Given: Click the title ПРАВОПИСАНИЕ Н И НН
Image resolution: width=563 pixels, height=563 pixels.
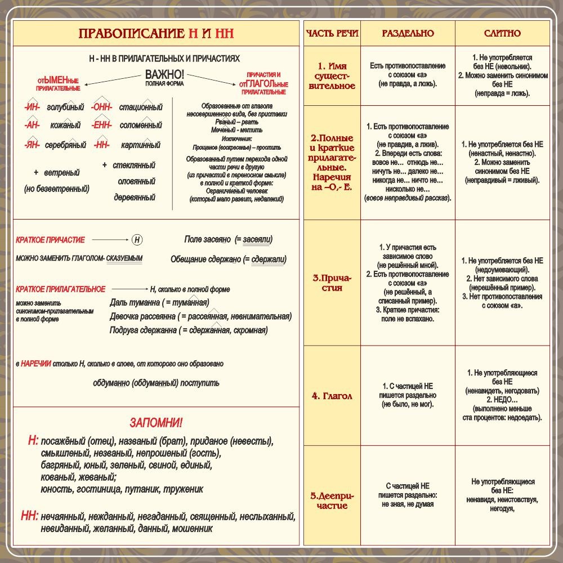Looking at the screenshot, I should pyautogui.click(x=156, y=34).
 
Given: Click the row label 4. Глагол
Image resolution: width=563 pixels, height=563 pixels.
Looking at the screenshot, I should pyautogui.click(x=332, y=396).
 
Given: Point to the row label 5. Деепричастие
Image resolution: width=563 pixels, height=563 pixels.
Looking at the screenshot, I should pyautogui.click(x=332, y=501).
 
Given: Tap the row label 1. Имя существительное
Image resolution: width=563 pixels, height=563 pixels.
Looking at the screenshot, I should pyautogui.click(x=332, y=76).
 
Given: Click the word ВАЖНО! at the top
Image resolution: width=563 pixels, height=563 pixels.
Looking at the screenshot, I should pyautogui.click(x=165, y=75).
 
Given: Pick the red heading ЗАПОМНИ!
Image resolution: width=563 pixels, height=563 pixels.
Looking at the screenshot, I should pyautogui.click(x=156, y=423).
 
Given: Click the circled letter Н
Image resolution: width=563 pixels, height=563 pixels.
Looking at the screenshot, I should pyautogui.click(x=137, y=240).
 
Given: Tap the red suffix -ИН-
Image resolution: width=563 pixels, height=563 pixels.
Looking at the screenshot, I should pyautogui.click(x=32, y=107).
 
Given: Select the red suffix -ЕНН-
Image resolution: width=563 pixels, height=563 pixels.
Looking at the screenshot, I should pyautogui.click(x=102, y=125).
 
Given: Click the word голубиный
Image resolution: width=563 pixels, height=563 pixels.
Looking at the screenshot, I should pyautogui.click(x=65, y=107).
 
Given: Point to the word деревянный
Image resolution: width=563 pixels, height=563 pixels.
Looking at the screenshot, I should pyautogui.click(x=135, y=198).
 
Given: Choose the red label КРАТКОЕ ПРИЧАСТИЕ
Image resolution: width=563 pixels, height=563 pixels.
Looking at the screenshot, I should pyautogui.click(x=51, y=240).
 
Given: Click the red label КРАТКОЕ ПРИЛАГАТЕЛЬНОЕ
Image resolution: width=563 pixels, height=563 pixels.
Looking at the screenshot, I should pyautogui.click(x=61, y=289).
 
